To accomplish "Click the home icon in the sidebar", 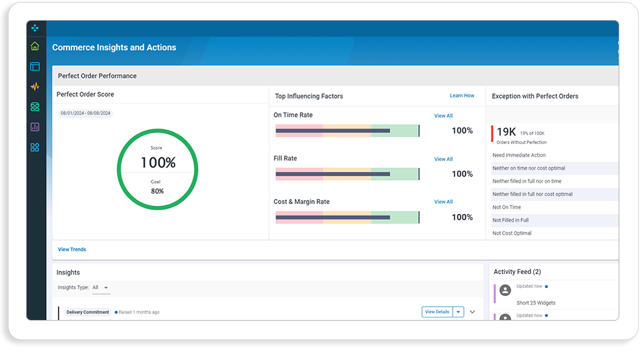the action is point(35,46).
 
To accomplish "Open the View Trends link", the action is point(72,249).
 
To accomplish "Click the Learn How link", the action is point(462,95).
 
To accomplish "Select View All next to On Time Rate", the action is point(443,116).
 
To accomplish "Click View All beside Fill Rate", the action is point(443,159).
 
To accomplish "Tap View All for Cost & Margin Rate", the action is point(443,201).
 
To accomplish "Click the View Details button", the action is point(437,312).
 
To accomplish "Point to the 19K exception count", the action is point(506,132).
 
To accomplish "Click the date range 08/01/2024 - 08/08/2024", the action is point(86,113).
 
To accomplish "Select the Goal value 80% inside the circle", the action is point(157,191).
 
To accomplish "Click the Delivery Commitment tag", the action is point(88,312).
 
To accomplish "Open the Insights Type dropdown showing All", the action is point(101,287).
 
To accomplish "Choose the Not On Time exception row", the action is point(507,207).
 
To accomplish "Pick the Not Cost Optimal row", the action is point(512,233).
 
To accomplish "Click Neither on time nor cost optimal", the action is point(529,168).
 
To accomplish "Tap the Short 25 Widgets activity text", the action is point(536,303).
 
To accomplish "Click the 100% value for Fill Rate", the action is point(462,174).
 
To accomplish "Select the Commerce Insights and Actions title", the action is point(114,47).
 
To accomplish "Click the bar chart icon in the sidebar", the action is point(35,127).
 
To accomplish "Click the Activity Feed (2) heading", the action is point(517,272).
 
